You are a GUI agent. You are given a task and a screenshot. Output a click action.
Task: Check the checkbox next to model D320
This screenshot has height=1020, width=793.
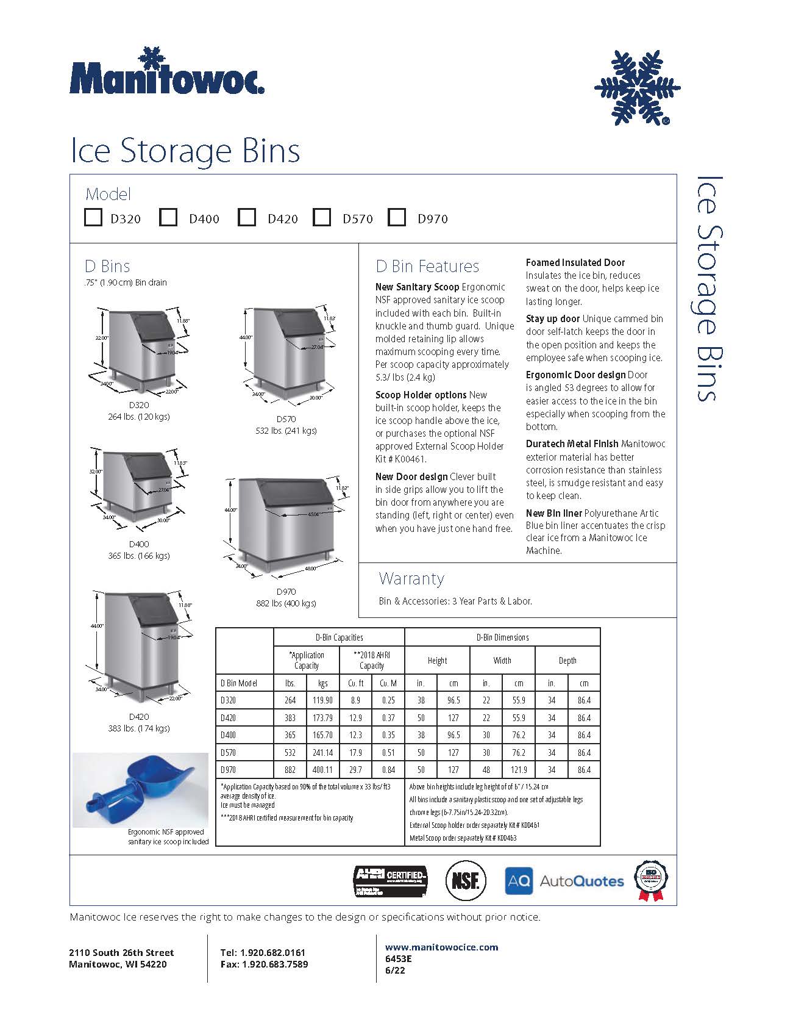click(x=93, y=217)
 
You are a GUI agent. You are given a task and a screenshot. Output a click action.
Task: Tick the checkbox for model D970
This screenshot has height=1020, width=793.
click(x=397, y=217)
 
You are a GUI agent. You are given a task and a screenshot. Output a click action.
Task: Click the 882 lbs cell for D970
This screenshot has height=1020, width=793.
click(x=290, y=770)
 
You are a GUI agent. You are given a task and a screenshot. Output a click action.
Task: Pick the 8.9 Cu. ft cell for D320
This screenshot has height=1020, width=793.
click(x=355, y=700)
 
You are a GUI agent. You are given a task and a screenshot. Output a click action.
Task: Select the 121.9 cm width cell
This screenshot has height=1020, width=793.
click(x=519, y=770)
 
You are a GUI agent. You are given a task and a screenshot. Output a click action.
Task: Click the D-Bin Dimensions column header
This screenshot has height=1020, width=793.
click(x=502, y=637)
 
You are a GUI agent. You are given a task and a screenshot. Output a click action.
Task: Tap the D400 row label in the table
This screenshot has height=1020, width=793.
click(x=229, y=735)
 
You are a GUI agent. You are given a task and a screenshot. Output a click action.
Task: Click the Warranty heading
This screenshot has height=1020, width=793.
click(x=411, y=578)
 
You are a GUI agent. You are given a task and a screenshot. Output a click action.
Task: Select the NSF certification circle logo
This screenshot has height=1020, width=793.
click(x=466, y=880)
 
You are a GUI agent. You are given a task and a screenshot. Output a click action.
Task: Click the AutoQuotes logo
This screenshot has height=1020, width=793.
click(x=564, y=881)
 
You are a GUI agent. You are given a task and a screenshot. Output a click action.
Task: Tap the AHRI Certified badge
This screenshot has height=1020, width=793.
click(x=391, y=881)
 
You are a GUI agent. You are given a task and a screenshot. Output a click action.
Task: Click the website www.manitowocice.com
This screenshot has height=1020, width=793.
click(x=441, y=947)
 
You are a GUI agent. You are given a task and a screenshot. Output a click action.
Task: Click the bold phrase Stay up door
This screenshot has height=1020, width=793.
click(x=553, y=318)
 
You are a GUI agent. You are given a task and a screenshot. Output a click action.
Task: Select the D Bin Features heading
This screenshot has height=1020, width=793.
click(x=427, y=267)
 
